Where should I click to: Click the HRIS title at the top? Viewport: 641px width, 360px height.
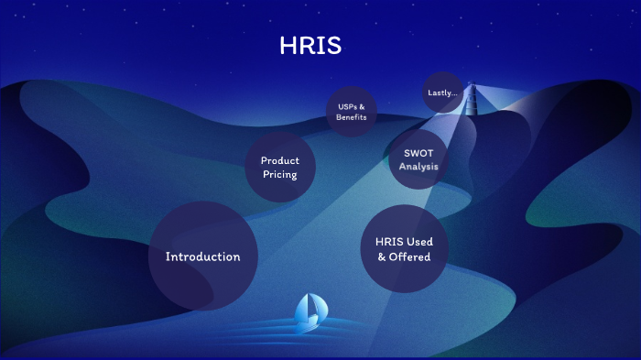click(310, 47)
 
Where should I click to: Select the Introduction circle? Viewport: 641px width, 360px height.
click(202, 256)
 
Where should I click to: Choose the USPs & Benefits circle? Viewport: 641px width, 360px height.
click(352, 112)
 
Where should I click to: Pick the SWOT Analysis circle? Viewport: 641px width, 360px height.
click(418, 159)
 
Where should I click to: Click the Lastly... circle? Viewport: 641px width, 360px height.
click(442, 93)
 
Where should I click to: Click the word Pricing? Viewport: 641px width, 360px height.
click(279, 174)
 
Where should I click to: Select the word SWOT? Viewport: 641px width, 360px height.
click(418, 153)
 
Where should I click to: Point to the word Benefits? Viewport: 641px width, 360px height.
click(352, 117)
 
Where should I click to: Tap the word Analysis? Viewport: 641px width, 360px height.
click(418, 167)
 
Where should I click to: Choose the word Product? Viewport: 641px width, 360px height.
click(279, 161)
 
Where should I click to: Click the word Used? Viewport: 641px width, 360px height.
click(420, 242)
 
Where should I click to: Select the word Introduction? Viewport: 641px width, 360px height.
click(202, 256)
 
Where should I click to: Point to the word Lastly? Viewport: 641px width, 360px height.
click(440, 93)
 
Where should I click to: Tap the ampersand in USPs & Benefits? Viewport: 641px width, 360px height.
click(362, 106)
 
